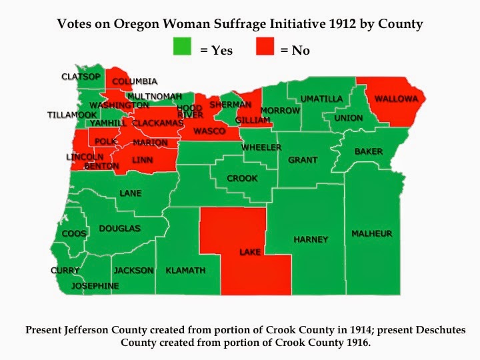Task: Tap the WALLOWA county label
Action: point(396,99)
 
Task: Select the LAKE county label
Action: point(250,253)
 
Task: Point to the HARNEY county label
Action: point(311,239)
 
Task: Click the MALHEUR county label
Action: point(372,233)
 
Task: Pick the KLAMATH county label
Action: point(185,270)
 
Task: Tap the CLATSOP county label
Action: point(80,77)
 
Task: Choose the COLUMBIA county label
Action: point(135,81)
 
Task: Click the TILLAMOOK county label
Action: point(72,115)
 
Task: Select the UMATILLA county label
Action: point(321,99)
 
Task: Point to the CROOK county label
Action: point(242,179)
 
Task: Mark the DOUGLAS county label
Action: point(120,229)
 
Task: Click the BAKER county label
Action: point(369,151)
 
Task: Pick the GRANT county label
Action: point(303,160)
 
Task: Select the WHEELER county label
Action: point(261,147)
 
